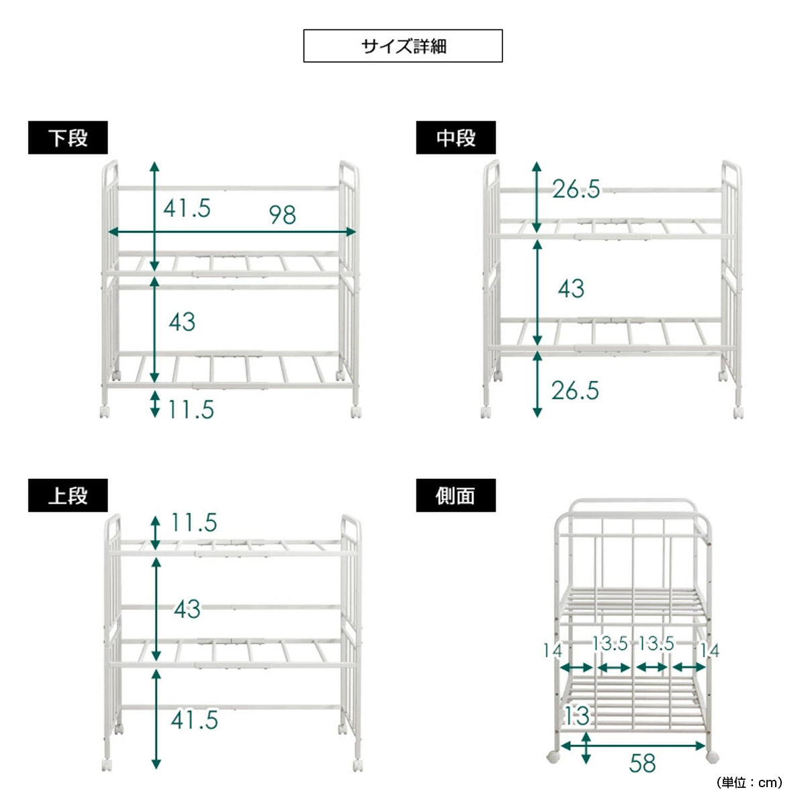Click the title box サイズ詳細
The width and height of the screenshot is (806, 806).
point(402,46)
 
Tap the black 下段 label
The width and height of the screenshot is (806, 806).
point(68,138)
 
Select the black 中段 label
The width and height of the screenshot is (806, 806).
point(455,138)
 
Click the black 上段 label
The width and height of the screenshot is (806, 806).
point(68,495)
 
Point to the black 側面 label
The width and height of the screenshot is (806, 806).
point(455,495)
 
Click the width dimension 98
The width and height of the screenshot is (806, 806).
point(282,215)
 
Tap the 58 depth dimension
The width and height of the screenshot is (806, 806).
point(642,764)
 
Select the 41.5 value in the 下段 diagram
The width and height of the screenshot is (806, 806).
point(187,208)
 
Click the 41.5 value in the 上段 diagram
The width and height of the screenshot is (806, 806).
point(195,720)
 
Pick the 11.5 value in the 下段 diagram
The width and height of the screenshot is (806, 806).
point(191,410)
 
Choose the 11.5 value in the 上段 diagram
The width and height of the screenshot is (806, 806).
point(194,523)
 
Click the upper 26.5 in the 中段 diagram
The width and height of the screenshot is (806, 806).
point(576,189)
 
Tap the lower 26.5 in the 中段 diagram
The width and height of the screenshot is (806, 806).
point(575,391)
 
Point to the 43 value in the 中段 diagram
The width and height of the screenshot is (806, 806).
point(571,289)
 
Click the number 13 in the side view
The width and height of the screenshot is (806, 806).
point(577,715)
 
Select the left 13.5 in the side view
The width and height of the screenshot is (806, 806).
point(610,643)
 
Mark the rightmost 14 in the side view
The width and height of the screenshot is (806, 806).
point(710,650)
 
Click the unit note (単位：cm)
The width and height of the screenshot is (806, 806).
point(749,782)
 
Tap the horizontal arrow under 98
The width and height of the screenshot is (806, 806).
point(232,232)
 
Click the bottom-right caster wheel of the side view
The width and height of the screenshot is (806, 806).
point(713,757)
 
